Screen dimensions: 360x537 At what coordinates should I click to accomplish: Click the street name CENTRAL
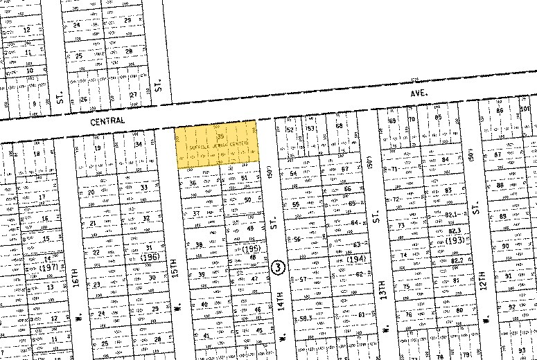pyautogui.click(x=108, y=121)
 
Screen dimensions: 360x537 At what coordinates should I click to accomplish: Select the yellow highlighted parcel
pyautogui.click(x=217, y=144)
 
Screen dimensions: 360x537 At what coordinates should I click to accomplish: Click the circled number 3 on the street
pyautogui.click(x=279, y=267)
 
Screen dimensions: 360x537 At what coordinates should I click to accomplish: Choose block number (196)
pyautogui.click(x=148, y=258)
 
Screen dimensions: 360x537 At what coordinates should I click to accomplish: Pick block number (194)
pyautogui.click(x=355, y=258)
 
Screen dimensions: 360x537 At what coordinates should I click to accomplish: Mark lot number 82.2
pyautogui.click(x=457, y=260)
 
